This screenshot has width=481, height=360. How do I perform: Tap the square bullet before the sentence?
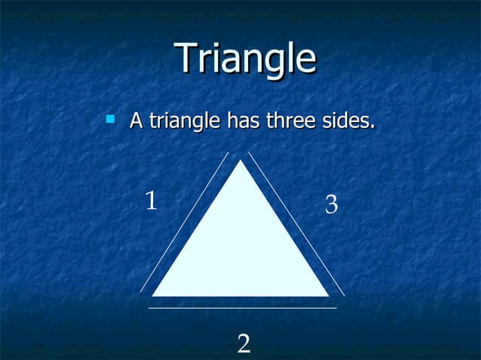[x=111, y=118]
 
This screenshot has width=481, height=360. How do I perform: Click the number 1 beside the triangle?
[x=151, y=201]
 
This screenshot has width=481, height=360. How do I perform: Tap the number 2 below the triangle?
[x=244, y=344]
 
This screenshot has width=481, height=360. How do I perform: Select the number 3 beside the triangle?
[x=331, y=204]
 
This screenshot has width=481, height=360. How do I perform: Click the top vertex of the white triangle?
[x=240, y=161]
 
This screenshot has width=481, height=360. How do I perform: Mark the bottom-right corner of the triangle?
[x=327, y=294]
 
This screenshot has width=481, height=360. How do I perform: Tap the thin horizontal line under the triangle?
[x=242, y=308]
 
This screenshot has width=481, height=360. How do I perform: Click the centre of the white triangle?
[x=240, y=249]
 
